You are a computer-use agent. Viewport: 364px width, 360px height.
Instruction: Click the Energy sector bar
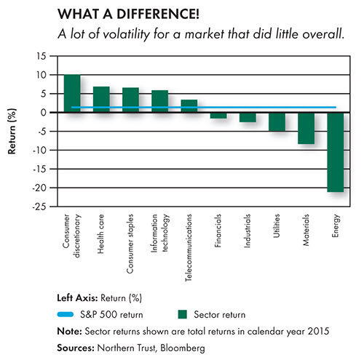(336, 152)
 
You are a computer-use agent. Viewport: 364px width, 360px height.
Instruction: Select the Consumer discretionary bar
(72, 93)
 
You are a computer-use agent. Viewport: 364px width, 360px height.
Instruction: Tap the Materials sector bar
(306, 128)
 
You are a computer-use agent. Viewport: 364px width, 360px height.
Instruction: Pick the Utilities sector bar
(277, 121)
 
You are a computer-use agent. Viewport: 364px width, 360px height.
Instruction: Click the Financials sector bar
(218, 116)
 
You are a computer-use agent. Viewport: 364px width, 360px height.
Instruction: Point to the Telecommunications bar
(189, 106)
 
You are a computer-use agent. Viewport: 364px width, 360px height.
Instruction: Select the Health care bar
(101, 100)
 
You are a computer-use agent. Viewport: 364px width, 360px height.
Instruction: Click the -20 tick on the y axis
(39, 188)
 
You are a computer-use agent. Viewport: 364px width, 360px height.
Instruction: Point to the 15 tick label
(41, 56)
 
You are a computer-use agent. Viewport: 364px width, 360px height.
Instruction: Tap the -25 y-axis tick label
(39, 207)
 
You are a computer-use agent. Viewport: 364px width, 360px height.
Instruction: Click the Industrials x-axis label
(248, 231)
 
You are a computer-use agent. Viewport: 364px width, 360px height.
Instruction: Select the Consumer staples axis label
(130, 244)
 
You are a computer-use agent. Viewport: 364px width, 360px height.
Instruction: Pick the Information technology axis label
(159, 233)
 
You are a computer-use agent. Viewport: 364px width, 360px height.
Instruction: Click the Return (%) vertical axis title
(12, 131)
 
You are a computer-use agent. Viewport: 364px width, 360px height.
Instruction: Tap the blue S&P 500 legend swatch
(66, 314)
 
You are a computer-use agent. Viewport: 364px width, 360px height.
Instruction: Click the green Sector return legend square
(182, 314)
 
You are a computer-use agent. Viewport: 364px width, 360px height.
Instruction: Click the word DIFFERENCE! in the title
(158, 14)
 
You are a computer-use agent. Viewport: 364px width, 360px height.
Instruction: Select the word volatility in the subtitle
(126, 34)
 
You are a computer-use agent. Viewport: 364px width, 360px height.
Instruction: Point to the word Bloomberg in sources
(183, 348)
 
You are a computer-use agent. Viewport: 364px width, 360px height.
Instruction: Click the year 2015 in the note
(318, 331)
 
